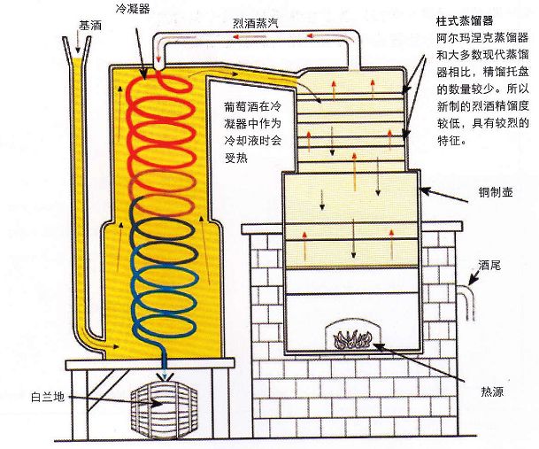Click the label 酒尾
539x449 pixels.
click(x=491, y=265)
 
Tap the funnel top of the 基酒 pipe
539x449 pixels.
click(x=78, y=44)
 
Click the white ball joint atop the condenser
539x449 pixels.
click(x=156, y=64)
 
